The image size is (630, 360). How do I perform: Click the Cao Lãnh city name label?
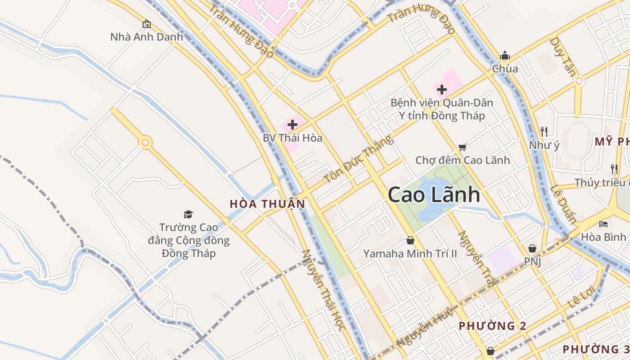point(433,195)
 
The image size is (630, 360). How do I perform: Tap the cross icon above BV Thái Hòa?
point(292,125)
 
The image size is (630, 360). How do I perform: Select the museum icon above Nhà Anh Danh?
point(146,24)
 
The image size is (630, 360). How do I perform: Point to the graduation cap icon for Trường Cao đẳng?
point(188,214)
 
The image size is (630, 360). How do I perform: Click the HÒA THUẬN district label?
point(267,204)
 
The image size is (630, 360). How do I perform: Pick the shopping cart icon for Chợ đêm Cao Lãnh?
point(462,147)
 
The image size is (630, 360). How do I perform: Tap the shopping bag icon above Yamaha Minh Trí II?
point(410,240)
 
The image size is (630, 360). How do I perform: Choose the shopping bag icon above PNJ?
point(532,248)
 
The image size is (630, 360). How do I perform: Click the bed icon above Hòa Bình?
point(603,224)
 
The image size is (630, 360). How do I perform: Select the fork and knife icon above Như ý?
point(544,131)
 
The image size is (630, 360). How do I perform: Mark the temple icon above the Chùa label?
point(505,56)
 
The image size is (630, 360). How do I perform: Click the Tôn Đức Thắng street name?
point(358,159)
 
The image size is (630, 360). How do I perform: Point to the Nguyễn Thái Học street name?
point(324,290)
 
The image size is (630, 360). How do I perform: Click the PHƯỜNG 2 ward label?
point(492,326)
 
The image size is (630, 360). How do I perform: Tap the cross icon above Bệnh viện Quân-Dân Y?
point(442,90)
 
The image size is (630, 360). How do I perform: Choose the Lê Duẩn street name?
point(563,204)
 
